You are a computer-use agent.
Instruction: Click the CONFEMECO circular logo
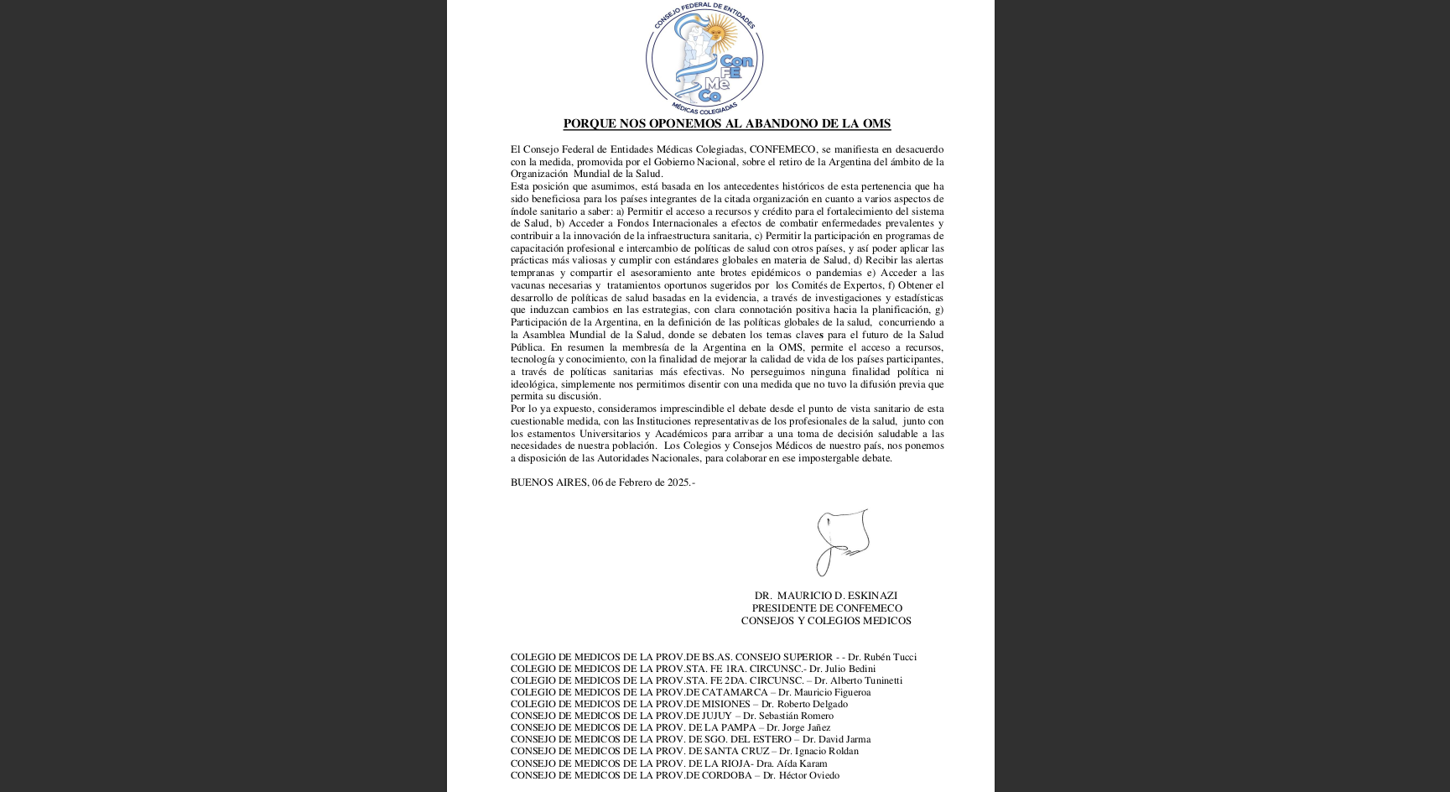click(704, 58)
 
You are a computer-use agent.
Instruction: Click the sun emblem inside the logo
click(717, 34)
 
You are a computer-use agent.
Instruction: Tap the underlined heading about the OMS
click(726, 124)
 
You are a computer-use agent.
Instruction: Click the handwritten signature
click(842, 541)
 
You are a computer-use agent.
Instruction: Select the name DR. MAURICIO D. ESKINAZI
click(825, 596)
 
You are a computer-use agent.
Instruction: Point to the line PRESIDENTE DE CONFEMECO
click(827, 608)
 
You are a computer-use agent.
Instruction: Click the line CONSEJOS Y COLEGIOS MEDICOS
click(826, 621)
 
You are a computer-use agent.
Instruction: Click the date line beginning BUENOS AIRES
click(602, 482)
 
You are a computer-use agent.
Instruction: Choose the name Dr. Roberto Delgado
click(804, 704)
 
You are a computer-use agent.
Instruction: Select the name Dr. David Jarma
click(836, 739)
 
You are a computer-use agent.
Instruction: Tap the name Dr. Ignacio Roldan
click(819, 751)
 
